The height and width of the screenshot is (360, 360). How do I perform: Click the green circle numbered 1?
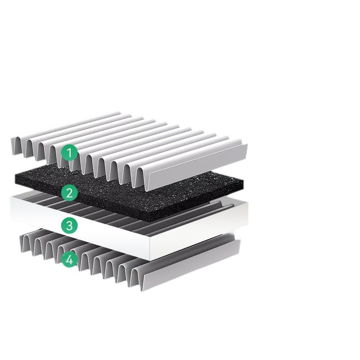(69, 153)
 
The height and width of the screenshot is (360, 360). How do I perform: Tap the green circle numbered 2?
(69, 193)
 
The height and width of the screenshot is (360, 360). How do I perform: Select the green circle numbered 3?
(69, 225)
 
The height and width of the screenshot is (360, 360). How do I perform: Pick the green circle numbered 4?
(69, 260)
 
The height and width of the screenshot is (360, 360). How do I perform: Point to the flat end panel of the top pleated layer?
(198, 167)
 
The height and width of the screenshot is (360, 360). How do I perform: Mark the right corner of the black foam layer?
(243, 181)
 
